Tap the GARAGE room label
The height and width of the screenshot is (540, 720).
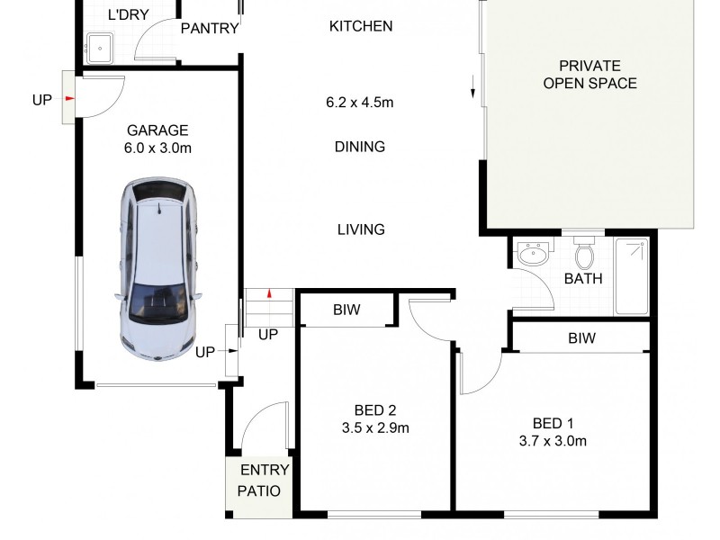157,130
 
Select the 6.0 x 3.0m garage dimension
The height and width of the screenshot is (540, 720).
157,148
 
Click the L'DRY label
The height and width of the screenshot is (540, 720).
128,15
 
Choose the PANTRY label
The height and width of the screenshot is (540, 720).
210,29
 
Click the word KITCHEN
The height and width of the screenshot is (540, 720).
361,26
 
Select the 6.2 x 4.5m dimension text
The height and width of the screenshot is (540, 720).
360,103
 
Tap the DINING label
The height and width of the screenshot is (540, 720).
360,147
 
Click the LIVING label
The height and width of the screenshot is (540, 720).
361,229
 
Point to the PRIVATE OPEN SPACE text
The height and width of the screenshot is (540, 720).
589,75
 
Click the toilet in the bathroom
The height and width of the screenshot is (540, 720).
584,255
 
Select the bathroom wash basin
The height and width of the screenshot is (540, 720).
534,255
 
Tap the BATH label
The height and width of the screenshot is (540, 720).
583,279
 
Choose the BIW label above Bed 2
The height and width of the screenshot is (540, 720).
346,310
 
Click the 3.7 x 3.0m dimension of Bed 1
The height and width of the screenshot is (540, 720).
553,441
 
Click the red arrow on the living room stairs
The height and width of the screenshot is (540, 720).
269,294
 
